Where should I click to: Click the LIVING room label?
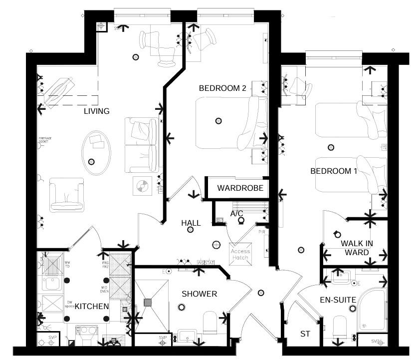coord(96,111)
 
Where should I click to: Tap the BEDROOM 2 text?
coord(222,88)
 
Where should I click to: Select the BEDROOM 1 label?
coord(334,171)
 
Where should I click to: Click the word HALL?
coord(191,223)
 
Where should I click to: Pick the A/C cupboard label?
coord(236,214)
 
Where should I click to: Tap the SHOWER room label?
coord(199,294)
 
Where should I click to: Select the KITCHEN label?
coord(92,319)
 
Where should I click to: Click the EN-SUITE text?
coord(338,300)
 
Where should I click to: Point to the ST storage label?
coord(304,334)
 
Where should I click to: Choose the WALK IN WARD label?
coord(357,248)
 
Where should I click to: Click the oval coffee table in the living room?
coord(95,152)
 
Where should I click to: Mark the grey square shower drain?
coord(148,302)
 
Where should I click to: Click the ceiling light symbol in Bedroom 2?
coord(218,120)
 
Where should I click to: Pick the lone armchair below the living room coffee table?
coord(66,195)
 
